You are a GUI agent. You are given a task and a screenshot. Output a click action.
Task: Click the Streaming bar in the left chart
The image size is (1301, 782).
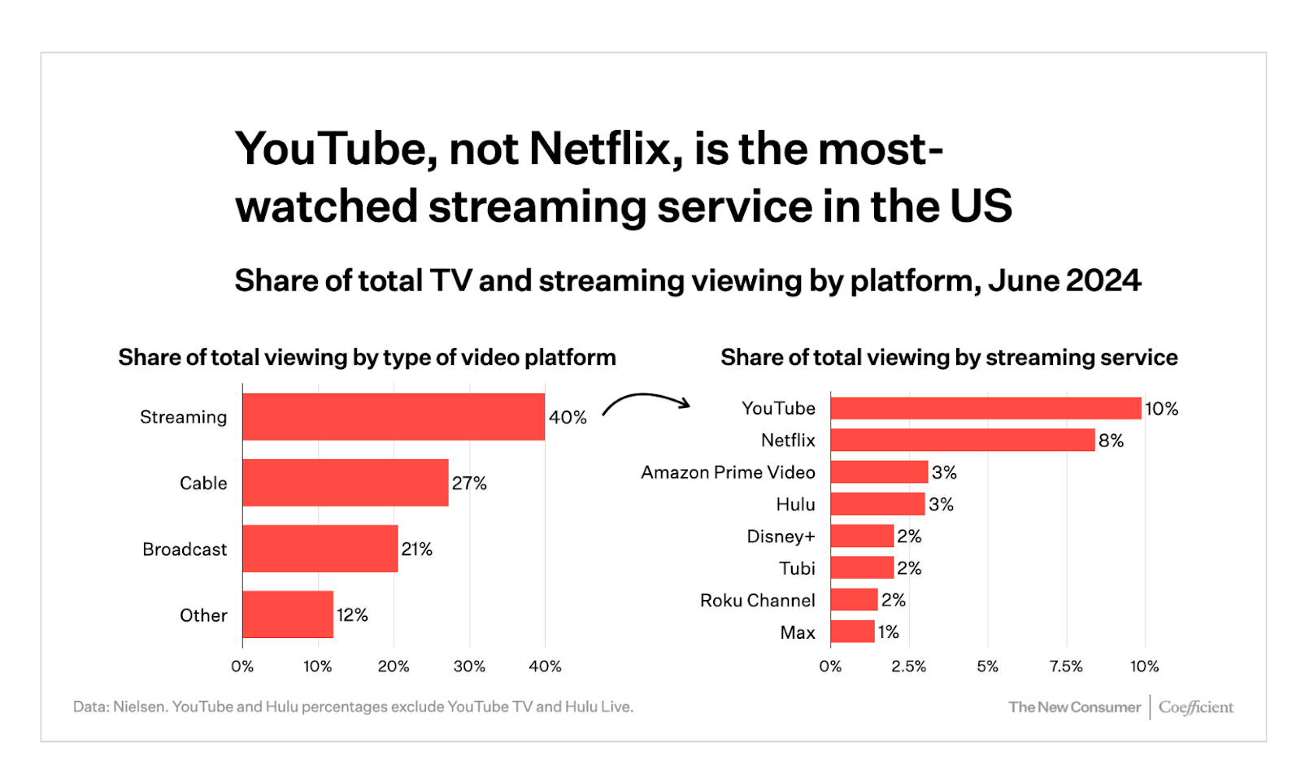coord(394,417)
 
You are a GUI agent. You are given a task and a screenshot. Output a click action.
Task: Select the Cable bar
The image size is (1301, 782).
coord(346,483)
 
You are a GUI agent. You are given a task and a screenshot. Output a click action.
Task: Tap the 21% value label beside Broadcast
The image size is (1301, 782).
coord(416,550)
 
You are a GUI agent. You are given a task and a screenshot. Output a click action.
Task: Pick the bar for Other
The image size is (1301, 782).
coord(288,615)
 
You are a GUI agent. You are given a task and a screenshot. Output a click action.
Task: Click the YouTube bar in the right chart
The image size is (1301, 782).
coord(986,408)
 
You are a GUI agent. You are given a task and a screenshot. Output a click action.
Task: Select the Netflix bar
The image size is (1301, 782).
coord(963,440)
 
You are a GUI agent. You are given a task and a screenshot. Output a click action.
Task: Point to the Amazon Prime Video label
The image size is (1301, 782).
coord(728,472)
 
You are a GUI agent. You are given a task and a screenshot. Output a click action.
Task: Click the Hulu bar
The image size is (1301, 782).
coord(877,504)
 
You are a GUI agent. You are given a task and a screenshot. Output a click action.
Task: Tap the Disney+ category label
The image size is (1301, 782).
coord(781,537)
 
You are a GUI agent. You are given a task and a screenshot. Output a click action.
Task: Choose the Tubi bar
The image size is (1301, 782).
coord(862,567)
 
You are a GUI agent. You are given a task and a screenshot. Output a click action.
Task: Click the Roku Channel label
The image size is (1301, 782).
coord(757,600)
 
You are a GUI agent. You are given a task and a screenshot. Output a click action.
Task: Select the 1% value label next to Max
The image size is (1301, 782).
coord(888,632)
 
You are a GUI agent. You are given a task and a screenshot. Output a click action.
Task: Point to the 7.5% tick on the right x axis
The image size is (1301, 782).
coord(1065,667)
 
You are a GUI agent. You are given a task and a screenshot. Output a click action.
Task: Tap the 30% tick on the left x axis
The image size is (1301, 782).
coord(469,667)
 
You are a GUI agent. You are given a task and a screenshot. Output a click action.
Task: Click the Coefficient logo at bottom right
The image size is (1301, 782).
coord(1195,707)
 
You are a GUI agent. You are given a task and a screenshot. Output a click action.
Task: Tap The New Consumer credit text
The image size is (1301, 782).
coord(1074,707)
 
